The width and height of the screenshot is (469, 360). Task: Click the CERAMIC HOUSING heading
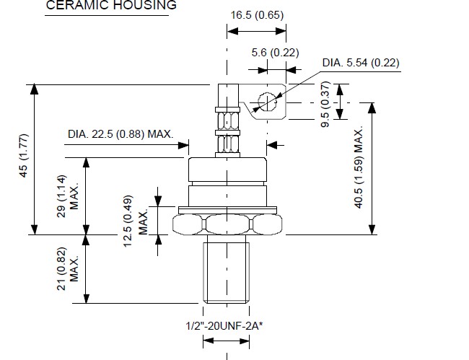[x=111, y=5]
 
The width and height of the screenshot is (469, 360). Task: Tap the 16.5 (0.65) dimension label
[x=257, y=15]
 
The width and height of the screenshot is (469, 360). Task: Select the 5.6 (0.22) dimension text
[x=275, y=53]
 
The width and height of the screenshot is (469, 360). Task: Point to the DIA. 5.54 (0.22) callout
[x=361, y=63]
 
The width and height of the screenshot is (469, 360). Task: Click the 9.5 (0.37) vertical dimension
[x=325, y=104]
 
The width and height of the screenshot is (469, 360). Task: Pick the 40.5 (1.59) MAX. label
[x=359, y=167]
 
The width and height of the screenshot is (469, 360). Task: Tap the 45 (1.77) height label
[x=23, y=156]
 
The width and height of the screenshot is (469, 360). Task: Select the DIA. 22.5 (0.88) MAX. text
[x=120, y=134]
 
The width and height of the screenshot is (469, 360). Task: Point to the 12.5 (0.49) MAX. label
[x=135, y=221]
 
